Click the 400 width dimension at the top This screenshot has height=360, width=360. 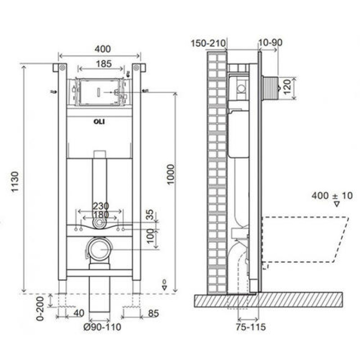103,49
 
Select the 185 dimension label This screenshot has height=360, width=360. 104,64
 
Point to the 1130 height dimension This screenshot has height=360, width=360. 15,182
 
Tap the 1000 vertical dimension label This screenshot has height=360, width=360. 171,174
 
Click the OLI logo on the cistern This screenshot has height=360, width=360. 99,121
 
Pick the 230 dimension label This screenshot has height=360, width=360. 100,206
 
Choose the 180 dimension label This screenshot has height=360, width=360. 100,215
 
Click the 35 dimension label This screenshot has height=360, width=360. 150,215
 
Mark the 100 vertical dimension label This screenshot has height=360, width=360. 150,236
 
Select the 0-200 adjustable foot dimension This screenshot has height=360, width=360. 40,308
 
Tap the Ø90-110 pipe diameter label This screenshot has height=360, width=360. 102,327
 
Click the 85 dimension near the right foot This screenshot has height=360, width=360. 153,313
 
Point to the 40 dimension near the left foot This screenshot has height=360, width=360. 79,313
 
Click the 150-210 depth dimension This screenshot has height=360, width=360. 208,43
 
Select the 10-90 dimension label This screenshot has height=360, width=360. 270,43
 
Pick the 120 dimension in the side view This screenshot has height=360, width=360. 287,87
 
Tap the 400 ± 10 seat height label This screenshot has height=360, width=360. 332,196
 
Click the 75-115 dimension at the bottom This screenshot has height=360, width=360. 251,327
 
